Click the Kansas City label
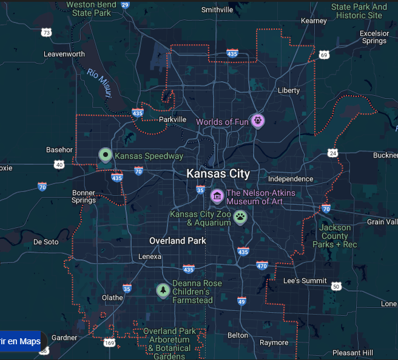(x=218, y=174)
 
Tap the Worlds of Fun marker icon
(x=257, y=121)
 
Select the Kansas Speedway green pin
(x=106, y=155)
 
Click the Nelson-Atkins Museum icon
(x=217, y=196)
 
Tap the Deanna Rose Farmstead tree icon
(x=163, y=291)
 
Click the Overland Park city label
(x=178, y=241)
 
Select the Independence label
(x=291, y=179)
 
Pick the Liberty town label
(x=288, y=90)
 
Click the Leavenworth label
(x=64, y=54)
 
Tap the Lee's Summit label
(x=305, y=281)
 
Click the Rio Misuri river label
(x=100, y=83)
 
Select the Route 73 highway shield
(x=47, y=32)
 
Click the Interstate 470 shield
(x=262, y=265)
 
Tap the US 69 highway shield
(x=324, y=55)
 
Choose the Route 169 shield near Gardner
(x=109, y=343)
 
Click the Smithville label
(x=217, y=10)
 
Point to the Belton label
(x=237, y=335)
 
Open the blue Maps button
(x=20, y=341)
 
